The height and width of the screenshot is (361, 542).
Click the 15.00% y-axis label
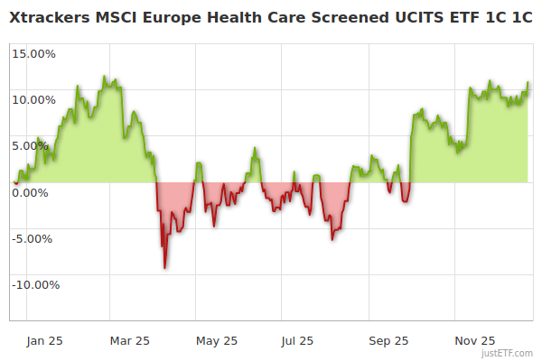[x=33, y=53]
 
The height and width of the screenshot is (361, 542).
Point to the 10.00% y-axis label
[x=33, y=99]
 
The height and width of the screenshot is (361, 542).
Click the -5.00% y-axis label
[x=34, y=238]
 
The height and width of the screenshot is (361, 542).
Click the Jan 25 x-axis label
[x=44, y=340]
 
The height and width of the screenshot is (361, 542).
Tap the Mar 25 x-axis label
[x=129, y=340]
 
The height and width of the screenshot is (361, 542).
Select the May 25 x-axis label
[x=216, y=340]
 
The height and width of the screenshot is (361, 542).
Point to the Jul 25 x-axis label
[x=297, y=340]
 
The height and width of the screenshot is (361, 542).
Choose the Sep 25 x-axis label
[x=388, y=340]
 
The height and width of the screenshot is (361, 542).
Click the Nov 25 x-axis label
[x=475, y=340]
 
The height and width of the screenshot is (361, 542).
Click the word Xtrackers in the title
[x=50, y=16]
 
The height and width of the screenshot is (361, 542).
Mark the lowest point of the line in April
[x=164, y=268]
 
